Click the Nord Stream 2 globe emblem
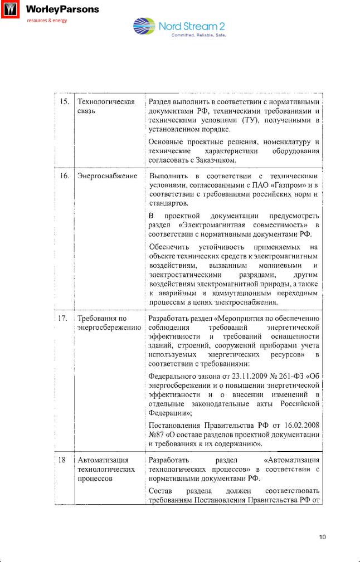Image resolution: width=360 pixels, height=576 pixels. point(145,28)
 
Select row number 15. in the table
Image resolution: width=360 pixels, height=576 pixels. point(64,102)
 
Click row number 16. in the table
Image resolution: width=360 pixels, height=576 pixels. point(64,176)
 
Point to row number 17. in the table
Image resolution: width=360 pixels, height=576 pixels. point(64,318)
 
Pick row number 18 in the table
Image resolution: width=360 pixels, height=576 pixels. point(64,460)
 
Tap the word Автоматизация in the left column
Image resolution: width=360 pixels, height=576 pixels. point(103,460)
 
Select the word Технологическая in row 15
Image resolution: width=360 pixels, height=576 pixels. point(106,102)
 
